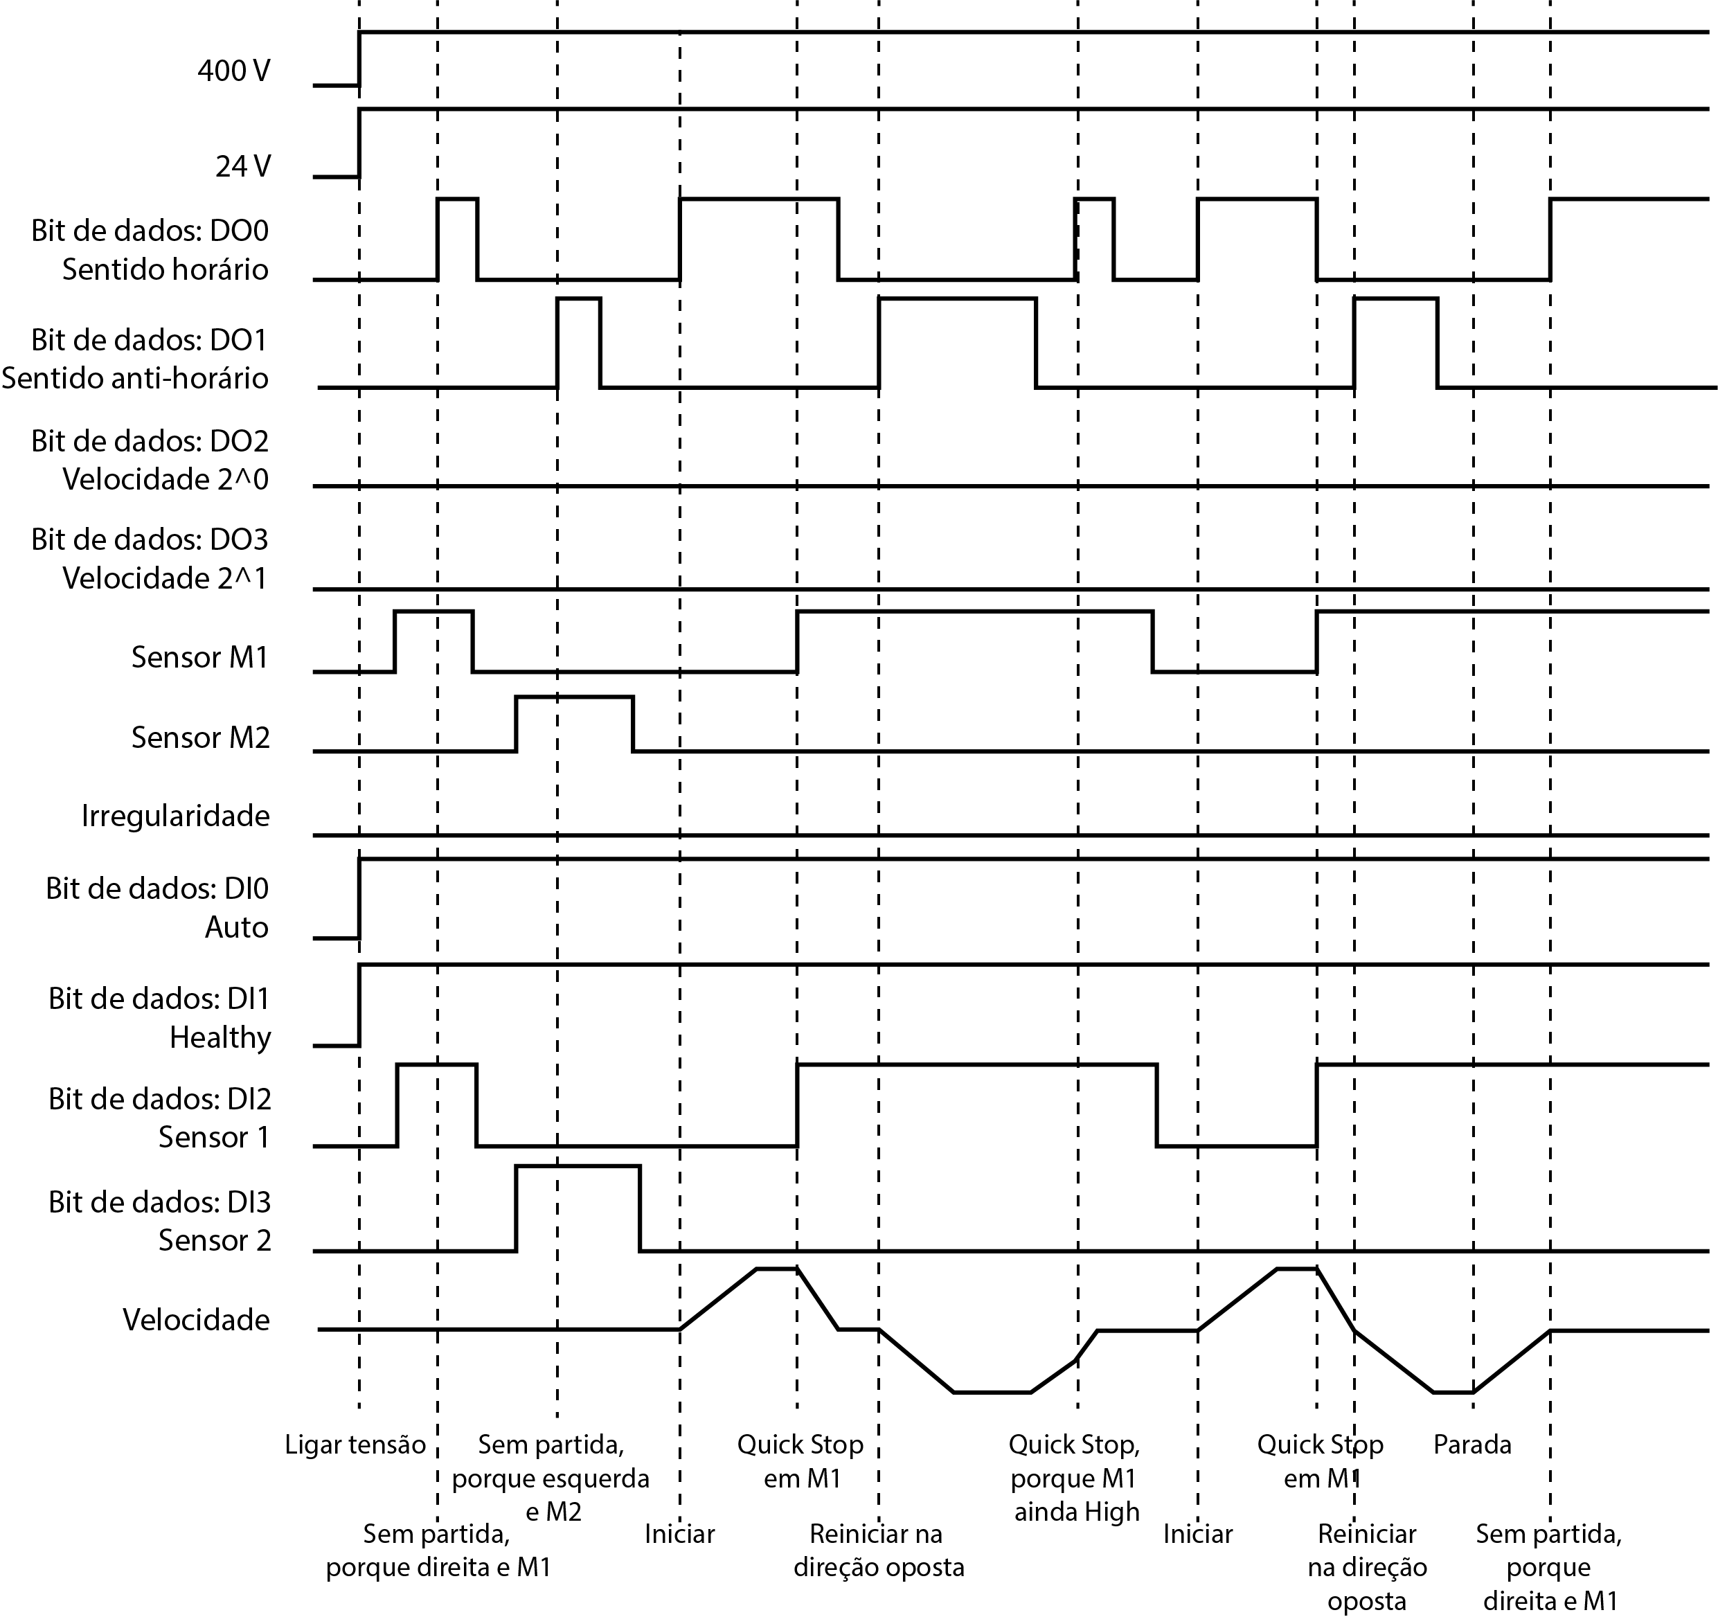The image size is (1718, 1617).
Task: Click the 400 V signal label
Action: [234, 70]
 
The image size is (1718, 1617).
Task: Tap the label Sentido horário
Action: [165, 269]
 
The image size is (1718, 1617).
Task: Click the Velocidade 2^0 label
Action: [165, 479]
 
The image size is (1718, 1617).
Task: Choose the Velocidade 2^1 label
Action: [165, 578]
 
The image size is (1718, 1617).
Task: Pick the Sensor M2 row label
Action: [199, 738]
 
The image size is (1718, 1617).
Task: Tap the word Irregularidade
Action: [175, 816]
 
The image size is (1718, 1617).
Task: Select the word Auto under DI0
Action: [237, 927]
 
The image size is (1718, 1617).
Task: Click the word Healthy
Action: [220, 1037]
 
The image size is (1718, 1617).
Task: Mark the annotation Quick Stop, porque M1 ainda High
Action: [1075, 1478]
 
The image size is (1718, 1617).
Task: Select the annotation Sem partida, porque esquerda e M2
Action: [551, 1478]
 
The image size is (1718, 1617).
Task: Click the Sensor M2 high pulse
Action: [574, 697]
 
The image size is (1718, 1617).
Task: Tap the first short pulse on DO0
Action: [457, 199]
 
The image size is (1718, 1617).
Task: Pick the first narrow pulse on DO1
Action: [579, 298]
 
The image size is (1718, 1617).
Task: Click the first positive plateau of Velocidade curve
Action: [777, 1269]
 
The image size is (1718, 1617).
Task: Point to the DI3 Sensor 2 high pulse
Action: [578, 1167]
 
